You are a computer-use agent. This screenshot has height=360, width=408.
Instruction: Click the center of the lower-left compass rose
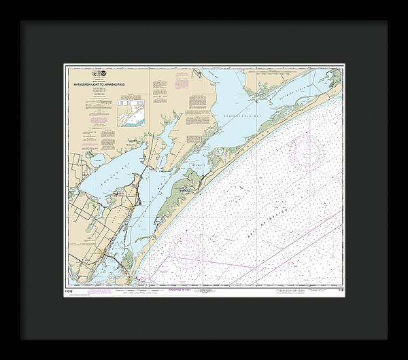pos(186,249)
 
